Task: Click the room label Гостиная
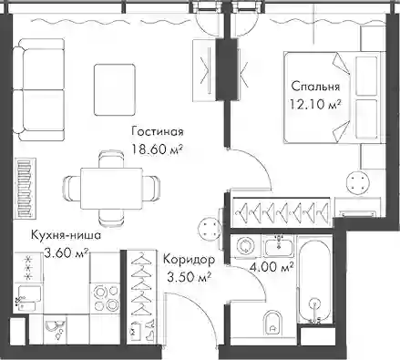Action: tap(158, 132)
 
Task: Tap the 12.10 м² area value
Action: tap(314, 104)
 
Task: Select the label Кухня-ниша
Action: tap(66, 235)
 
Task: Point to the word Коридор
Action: tap(189, 260)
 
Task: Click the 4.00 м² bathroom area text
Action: tap(272, 267)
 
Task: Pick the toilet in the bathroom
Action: tap(273, 323)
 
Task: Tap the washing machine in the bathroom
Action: tap(245, 246)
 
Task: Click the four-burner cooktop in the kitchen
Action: tap(106, 298)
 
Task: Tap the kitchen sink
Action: tap(28, 298)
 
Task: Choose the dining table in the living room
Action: tap(111, 189)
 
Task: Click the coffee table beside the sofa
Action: tap(115, 89)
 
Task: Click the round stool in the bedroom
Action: tap(358, 183)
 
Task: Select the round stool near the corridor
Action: tap(209, 228)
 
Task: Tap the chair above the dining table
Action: tap(111, 159)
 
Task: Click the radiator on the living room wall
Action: tap(26, 188)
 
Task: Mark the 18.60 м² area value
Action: tap(157, 149)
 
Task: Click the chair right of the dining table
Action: tap(151, 189)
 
